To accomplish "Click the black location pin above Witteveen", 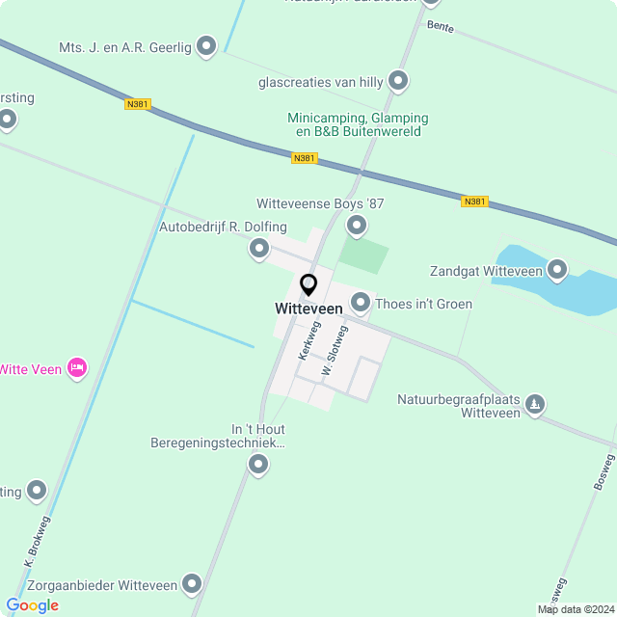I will click(x=308, y=285).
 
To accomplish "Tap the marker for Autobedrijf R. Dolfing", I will click(x=258, y=250).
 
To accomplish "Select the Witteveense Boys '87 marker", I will click(x=357, y=227).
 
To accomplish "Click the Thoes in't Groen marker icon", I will click(x=361, y=304).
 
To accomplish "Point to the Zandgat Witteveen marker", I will click(x=557, y=271).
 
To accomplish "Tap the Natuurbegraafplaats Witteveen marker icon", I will click(x=536, y=405).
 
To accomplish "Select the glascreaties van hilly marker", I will click(x=398, y=82).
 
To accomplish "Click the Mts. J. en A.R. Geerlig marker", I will click(x=205, y=45).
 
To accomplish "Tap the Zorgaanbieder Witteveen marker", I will click(x=192, y=584).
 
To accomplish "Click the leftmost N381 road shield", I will click(x=138, y=103).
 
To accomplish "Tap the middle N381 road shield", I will click(x=304, y=157).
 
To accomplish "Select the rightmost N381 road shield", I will click(x=474, y=201).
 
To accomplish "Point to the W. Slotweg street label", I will click(x=335, y=350).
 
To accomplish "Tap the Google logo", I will click(x=32, y=604).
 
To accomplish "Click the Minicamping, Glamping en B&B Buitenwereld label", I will click(x=358, y=124).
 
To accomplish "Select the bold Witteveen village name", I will click(x=308, y=308).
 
